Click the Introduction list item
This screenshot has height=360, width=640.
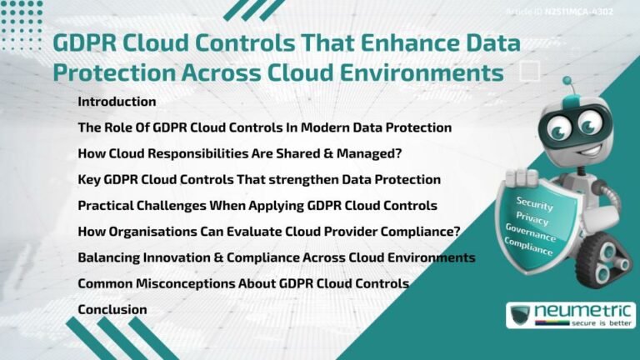point(117,102)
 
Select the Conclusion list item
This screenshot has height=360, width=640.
point(112,309)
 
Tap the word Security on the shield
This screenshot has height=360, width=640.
point(534,202)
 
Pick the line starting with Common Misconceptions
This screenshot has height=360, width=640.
point(242,283)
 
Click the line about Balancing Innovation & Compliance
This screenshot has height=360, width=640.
point(276,257)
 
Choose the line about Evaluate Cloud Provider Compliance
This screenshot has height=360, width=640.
point(269,232)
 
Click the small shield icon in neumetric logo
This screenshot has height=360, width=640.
point(522,315)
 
